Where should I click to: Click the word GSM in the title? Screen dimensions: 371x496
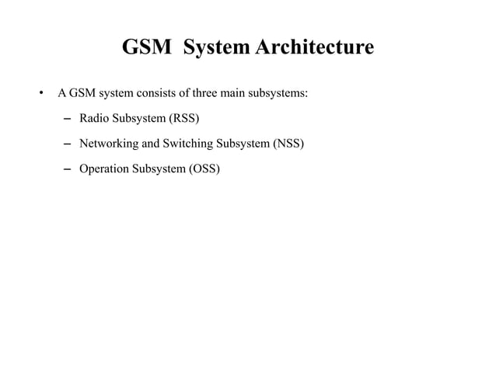tap(147, 48)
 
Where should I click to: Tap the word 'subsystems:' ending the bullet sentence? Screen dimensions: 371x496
tap(279, 94)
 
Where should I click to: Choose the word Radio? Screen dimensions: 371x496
tap(94, 119)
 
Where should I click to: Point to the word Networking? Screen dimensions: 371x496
tap(109, 144)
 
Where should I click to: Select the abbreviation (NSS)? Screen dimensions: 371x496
tap(287, 144)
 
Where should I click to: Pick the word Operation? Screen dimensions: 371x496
tap(105, 168)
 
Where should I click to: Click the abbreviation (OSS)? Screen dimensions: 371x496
tap(203, 168)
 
